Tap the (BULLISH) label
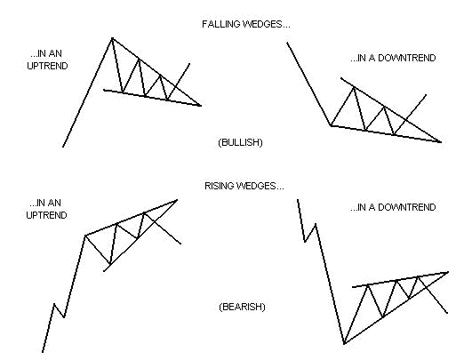click(x=240, y=142)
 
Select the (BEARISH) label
click(x=242, y=307)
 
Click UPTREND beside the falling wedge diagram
click(x=48, y=66)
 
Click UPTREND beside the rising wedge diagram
click(x=46, y=215)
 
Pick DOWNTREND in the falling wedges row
click(x=406, y=58)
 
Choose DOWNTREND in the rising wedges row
click(x=406, y=207)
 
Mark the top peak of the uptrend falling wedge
click(x=112, y=38)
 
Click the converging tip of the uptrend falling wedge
click(x=201, y=106)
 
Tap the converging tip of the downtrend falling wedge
click(x=441, y=141)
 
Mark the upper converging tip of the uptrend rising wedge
click(x=177, y=200)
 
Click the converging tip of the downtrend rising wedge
click(x=448, y=272)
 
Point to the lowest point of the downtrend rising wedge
click(x=344, y=343)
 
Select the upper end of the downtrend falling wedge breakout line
click(x=426, y=95)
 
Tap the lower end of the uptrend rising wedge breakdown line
click(x=180, y=244)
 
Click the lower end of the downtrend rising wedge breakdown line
click(x=447, y=314)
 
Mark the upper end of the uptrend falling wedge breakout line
click(x=189, y=63)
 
